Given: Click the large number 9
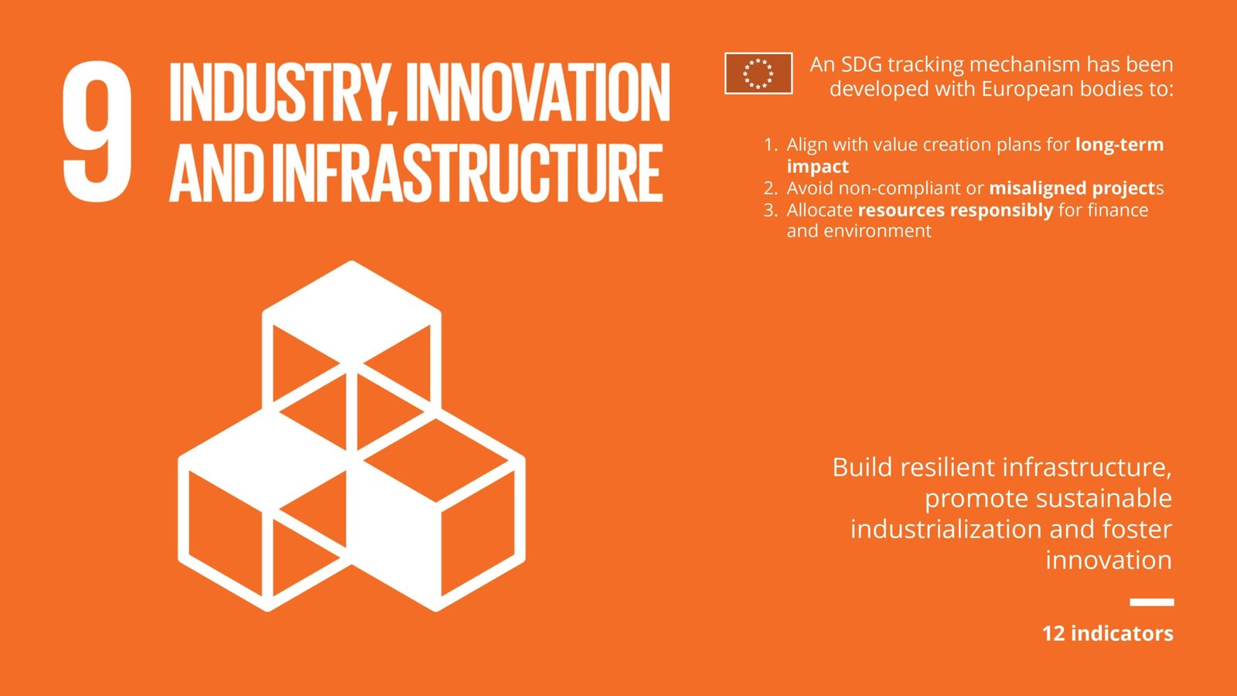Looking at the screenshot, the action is click(97, 131).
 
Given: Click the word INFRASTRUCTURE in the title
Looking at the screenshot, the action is click(467, 172).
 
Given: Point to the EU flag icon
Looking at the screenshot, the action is click(758, 73).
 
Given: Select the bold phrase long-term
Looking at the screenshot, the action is click(1119, 145).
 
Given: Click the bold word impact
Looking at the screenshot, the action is click(817, 166).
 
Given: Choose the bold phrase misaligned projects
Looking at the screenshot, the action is click(1076, 189).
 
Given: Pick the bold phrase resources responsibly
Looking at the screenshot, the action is click(956, 210).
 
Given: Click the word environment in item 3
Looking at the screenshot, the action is click(877, 231).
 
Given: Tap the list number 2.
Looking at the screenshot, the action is click(770, 189).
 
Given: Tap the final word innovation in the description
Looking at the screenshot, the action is click(1109, 560).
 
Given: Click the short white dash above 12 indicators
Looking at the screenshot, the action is click(1151, 602).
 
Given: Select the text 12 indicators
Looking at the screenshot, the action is click(1108, 633).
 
